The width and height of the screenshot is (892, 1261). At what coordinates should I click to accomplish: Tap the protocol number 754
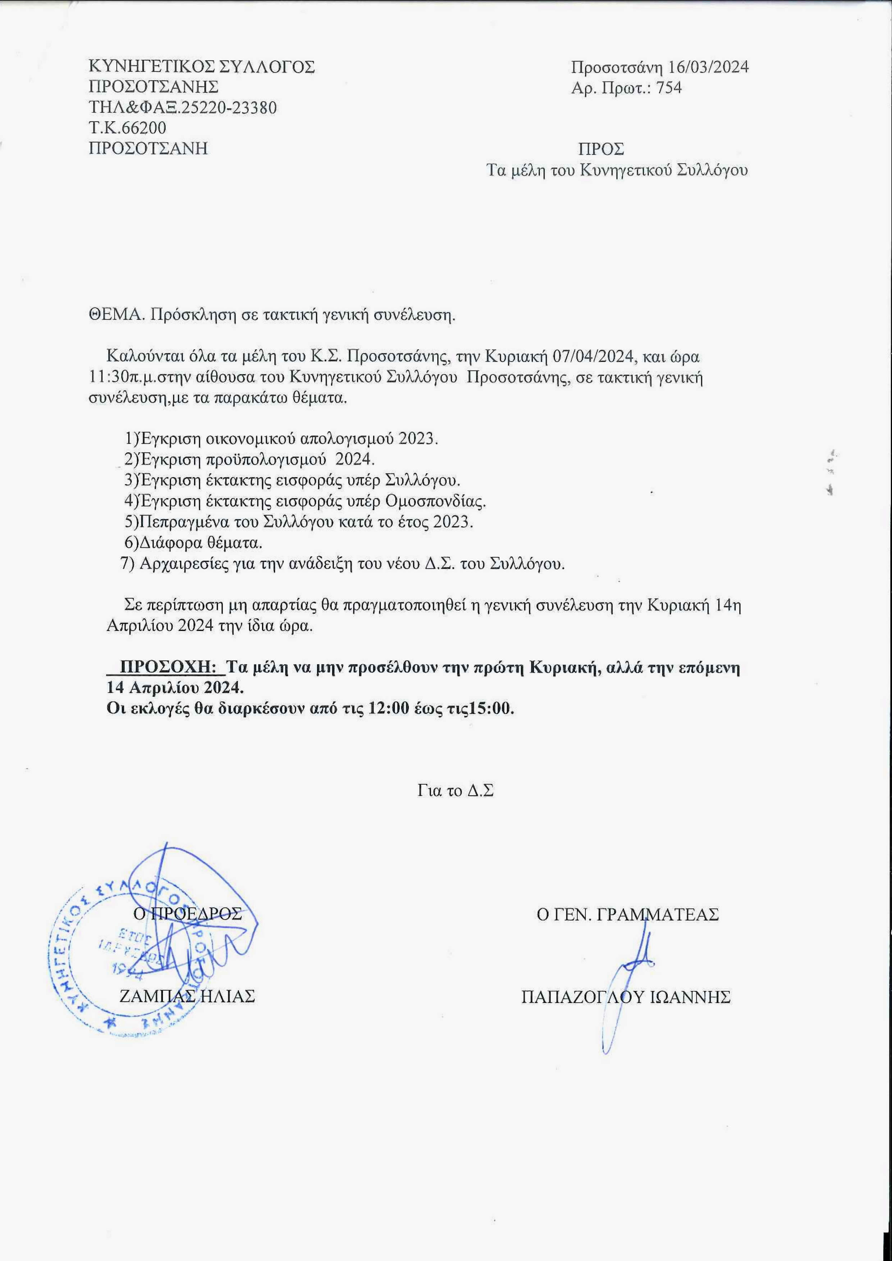click(669, 88)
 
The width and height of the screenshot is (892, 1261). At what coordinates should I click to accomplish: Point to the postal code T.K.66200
click(127, 128)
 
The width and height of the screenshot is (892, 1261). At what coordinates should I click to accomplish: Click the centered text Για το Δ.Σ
click(455, 791)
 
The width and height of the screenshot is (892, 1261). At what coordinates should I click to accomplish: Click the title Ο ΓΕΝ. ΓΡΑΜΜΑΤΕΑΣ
click(627, 914)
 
